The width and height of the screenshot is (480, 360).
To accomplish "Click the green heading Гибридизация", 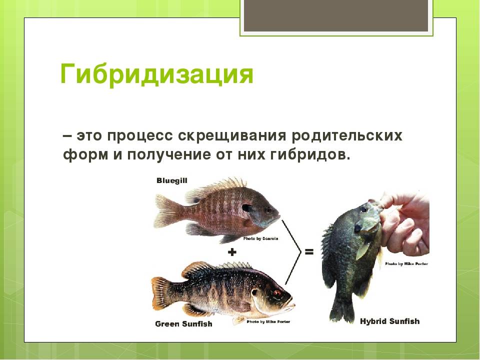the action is point(156,74).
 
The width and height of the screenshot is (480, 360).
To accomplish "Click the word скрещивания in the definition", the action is point(232,135).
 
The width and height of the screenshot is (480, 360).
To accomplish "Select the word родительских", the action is point(347,135).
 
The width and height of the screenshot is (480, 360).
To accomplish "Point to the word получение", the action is point(168,154).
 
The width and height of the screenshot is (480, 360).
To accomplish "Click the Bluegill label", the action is point(171,180).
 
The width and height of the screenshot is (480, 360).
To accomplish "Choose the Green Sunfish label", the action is point(183,324).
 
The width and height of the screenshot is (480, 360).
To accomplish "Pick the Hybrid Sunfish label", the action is point(389,321).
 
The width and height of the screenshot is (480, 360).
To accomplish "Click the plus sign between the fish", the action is point(232,252).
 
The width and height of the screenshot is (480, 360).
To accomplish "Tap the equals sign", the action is point(309,252).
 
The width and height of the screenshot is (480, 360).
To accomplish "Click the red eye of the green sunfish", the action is point(277,293).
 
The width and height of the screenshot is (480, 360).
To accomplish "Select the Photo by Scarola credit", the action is point(260,239).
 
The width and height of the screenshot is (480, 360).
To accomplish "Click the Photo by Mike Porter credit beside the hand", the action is point(406,263).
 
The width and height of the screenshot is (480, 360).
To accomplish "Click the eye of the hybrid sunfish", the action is point(363,209).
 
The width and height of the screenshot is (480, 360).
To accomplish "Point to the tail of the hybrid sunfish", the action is point(341,309).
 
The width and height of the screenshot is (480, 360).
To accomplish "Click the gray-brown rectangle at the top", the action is point(336,15).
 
